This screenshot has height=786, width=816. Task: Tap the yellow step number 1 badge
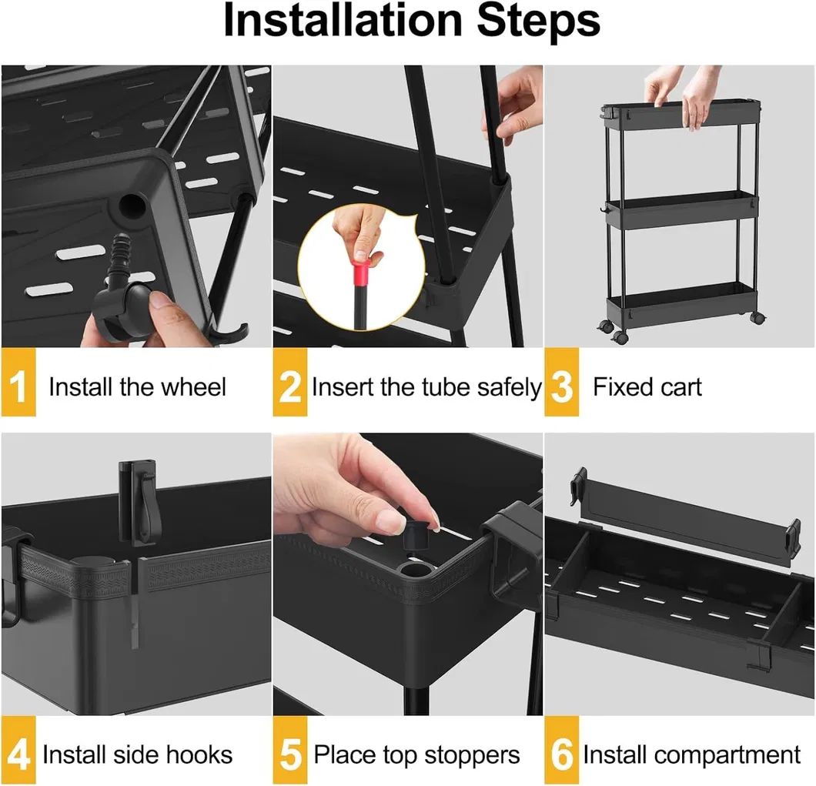[18, 385]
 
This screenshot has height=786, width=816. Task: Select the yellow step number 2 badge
[290, 385]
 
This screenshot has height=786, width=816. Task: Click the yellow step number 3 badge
[562, 385]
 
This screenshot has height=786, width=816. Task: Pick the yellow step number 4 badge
[18, 753]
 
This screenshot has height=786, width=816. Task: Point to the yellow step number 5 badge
[290, 753]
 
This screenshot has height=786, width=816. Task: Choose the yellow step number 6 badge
[562, 753]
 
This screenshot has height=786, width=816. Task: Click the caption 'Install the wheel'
[137, 386]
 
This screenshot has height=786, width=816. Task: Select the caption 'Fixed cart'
[647, 386]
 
